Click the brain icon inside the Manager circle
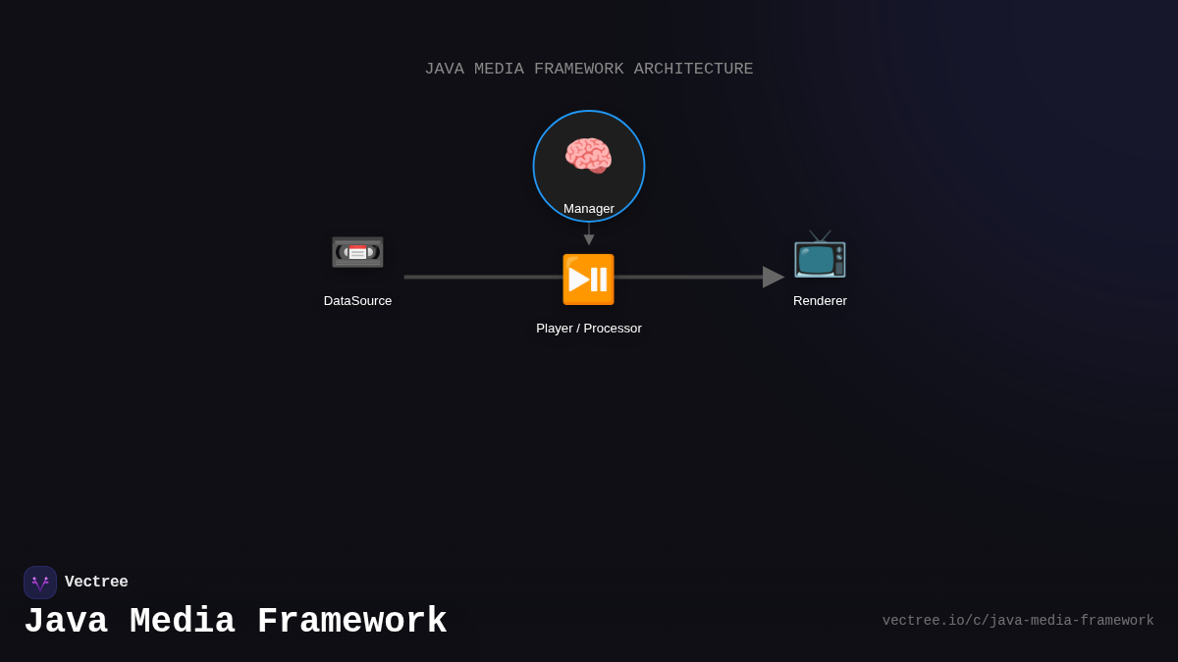[588, 156]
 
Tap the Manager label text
[589, 209]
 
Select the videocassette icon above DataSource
[357, 252]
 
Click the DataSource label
[357, 301]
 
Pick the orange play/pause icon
[588, 280]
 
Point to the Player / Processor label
[589, 329]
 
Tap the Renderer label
[820, 301]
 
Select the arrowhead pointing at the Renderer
[773, 278]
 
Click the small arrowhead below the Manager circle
[589, 239]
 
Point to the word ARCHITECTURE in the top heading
[693, 70]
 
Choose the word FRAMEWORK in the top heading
[578, 70]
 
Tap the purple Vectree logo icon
[40, 583]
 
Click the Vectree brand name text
[96, 583]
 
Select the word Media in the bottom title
[182, 622]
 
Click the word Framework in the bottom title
[351, 622]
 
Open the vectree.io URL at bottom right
[1018, 621]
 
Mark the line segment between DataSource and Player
[481, 278]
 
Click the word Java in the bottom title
[65, 622]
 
